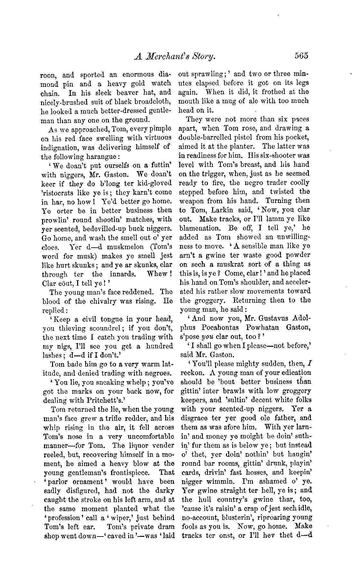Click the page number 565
[x=301, y=56]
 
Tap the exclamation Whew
[x=161, y=274]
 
